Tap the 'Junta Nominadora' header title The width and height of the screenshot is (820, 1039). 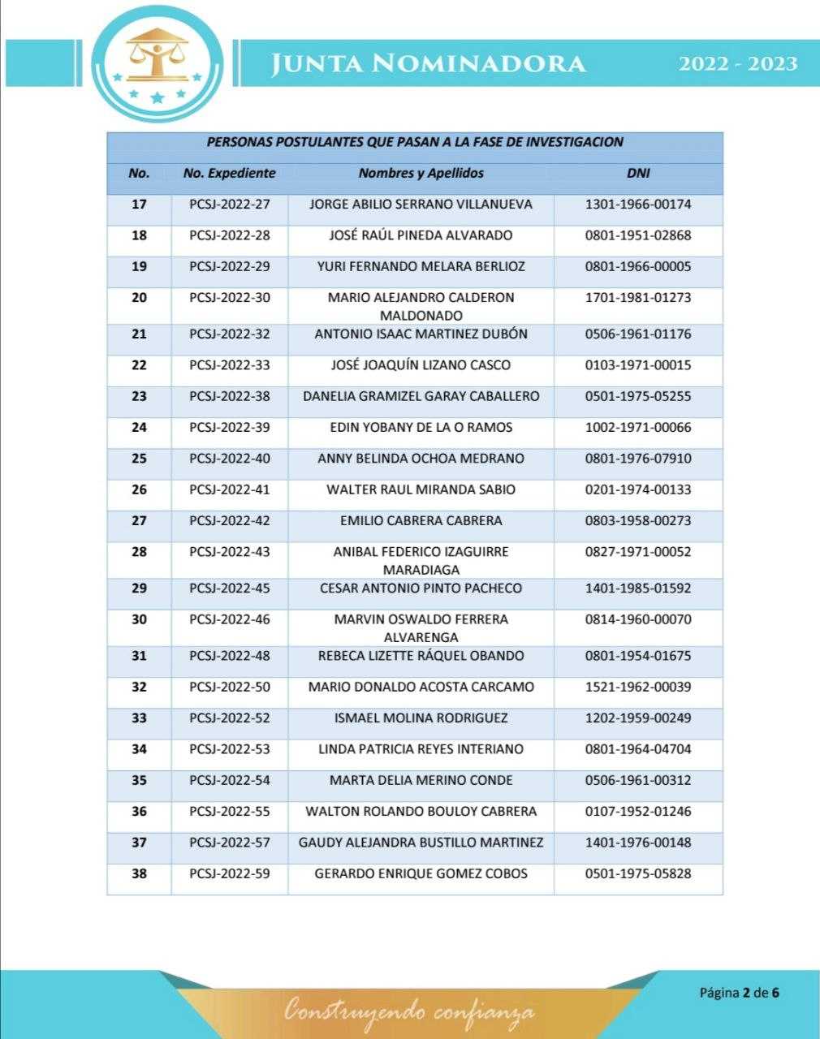tap(428, 63)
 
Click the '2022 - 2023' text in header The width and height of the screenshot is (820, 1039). tap(738, 63)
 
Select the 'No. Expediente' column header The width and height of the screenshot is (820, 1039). tap(229, 173)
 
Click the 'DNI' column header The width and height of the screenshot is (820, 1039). tap(638, 173)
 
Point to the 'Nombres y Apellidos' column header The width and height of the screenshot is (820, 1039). tap(421, 173)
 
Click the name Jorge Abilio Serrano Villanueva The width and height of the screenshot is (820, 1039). tap(421, 205)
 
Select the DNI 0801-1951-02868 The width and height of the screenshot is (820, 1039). tap(638, 235)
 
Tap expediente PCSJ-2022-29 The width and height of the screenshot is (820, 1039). tap(229, 266)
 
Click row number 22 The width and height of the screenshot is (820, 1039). tap(139, 365)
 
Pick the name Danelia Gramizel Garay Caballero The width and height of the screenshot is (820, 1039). tap(421, 396)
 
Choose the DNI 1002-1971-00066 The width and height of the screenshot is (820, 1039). tap(638, 428)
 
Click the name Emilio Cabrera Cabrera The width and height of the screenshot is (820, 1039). tap(421, 520)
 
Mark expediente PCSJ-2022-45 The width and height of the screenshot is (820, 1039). tap(229, 588)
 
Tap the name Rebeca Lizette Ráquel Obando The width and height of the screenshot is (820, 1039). tap(421, 656)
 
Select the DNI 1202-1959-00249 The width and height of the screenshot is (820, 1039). tap(638, 718)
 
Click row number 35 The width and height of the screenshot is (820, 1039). tap(139, 781)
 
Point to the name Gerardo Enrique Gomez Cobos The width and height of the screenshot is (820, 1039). tap(421, 873)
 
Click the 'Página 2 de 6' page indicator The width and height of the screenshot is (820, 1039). tap(739, 992)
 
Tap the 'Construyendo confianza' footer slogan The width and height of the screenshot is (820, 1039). tap(409, 1011)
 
